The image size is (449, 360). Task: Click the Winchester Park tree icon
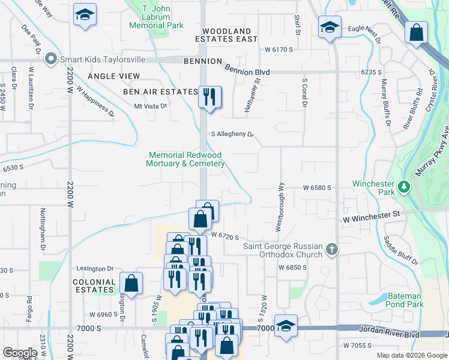pos(404,187)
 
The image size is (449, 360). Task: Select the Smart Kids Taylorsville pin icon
pos(50,59)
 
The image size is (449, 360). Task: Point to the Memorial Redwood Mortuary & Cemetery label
pos(186,159)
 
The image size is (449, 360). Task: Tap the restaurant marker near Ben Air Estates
pos(209,97)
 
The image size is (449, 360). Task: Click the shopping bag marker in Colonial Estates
pos(131,283)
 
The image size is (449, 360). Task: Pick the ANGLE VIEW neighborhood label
pos(113,76)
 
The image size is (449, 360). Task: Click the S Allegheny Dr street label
pos(232,135)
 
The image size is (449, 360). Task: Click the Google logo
pos(20,353)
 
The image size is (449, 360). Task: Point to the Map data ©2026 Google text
pos(411,355)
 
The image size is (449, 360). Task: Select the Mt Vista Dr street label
pos(149,106)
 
